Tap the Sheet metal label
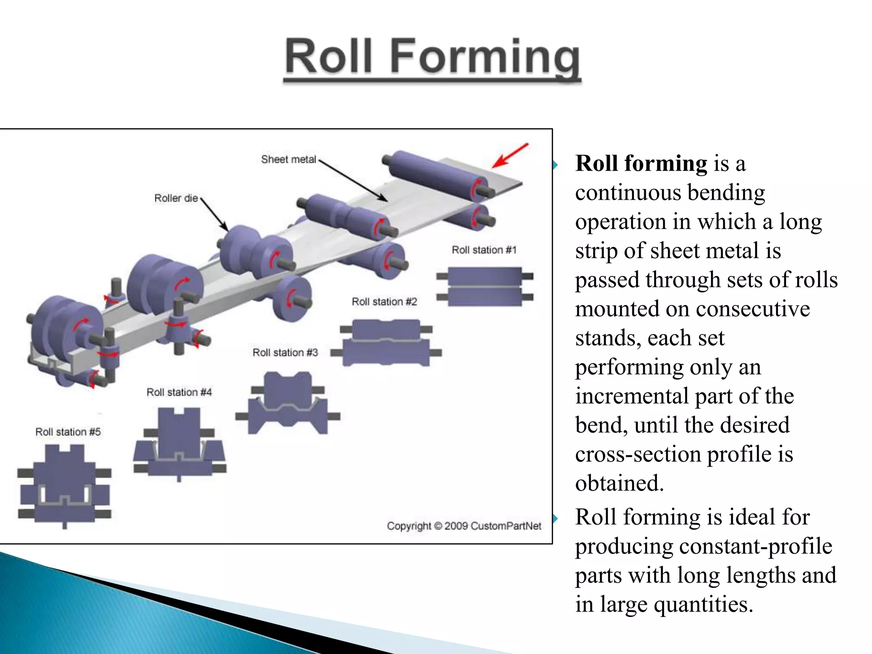(x=288, y=159)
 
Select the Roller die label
(x=176, y=198)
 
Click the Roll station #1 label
(x=484, y=250)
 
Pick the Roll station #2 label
(x=384, y=301)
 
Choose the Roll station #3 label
(x=285, y=353)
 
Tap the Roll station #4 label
(x=179, y=392)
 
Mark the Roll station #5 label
(x=68, y=432)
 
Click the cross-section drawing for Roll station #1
(x=485, y=287)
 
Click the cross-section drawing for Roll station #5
(x=64, y=485)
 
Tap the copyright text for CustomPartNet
(x=464, y=526)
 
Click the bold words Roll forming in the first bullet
(x=641, y=163)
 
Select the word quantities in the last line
(x=703, y=604)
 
